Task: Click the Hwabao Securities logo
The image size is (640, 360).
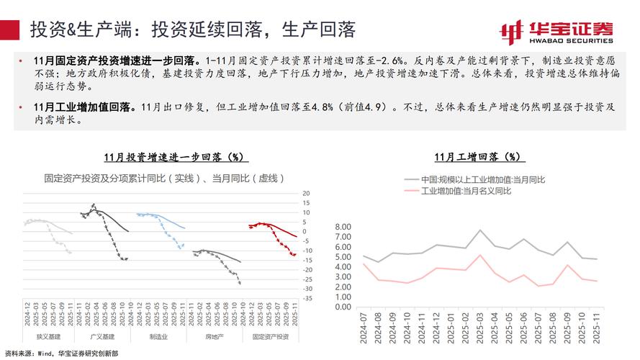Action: pos(557,30)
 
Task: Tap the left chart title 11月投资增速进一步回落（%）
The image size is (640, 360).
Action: pos(173,156)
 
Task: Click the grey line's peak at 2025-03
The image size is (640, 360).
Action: pos(480,230)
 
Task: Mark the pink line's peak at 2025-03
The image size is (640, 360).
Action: pos(480,255)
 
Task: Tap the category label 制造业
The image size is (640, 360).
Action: pos(160,337)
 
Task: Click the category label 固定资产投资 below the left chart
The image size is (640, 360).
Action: pos(271,337)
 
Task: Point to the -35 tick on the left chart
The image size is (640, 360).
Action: pos(306,298)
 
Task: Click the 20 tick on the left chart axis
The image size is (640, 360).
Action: pos(306,194)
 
